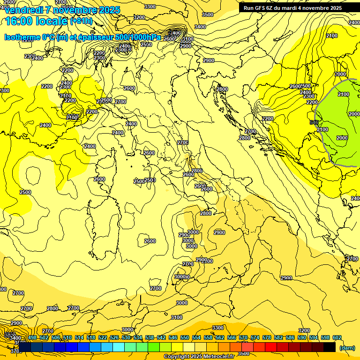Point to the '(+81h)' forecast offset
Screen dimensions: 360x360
pyautogui.click(x=81, y=21)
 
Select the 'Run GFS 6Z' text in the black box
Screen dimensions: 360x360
pyautogui.click(x=260, y=8)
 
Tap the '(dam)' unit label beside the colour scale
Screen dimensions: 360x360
pyautogui.click(x=347, y=348)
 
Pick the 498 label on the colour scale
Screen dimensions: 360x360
pyautogui.click(x=32, y=338)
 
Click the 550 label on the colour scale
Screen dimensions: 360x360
pyautogui.click(x=185, y=338)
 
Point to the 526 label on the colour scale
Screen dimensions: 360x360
pyautogui.click(x=114, y=338)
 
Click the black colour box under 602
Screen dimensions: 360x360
pyautogui.click(x=330, y=347)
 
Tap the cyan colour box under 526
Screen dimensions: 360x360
pyautogui.click(x=119, y=347)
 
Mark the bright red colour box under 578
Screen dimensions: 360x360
pyautogui.click(x=271, y=347)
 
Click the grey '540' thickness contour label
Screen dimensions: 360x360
pyautogui.click(x=314, y=122)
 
